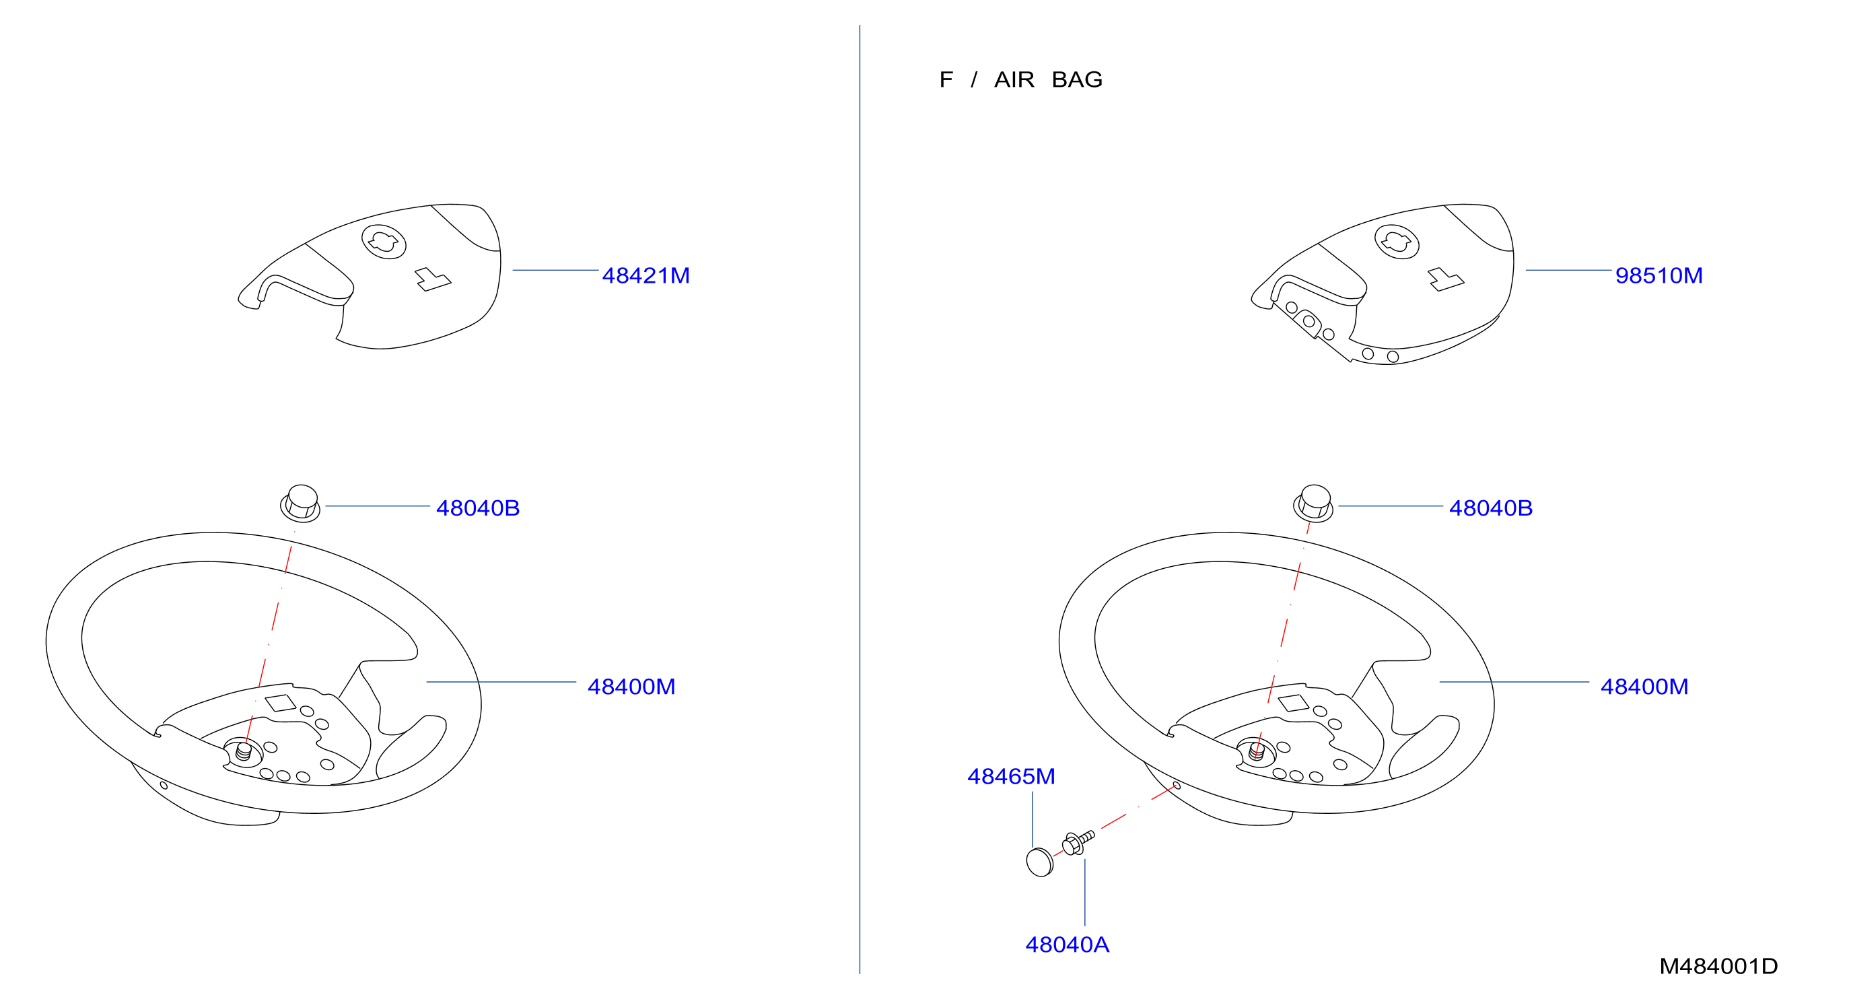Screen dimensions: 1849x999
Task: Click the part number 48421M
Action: [x=646, y=275]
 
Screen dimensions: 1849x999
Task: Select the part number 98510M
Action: [x=1658, y=275]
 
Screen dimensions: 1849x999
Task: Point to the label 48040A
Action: [x=1067, y=945]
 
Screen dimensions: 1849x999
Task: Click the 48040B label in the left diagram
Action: [x=477, y=508]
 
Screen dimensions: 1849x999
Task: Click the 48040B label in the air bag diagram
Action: [x=1490, y=508]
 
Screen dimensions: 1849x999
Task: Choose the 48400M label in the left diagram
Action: [x=631, y=687]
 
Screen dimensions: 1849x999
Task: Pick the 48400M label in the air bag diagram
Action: [x=1644, y=687]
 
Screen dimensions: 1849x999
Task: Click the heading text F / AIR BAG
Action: [x=1020, y=79]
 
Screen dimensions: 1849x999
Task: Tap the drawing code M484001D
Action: [x=1718, y=967]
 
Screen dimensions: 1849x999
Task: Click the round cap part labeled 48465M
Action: [x=1039, y=862]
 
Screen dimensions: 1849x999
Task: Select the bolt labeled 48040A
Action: [x=1078, y=843]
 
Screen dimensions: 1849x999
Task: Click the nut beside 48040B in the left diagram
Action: [x=300, y=503]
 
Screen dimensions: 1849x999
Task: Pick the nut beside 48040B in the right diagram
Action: [x=1313, y=503]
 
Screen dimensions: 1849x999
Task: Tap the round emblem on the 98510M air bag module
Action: [x=1396, y=241]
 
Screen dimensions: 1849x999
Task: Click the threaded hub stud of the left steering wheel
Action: [x=244, y=751]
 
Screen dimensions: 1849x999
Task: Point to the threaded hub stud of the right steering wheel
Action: [x=1257, y=751]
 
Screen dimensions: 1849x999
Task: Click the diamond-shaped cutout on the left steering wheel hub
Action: [x=281, y=703]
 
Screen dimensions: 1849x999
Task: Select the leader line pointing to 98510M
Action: [x=1568, y=271]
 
